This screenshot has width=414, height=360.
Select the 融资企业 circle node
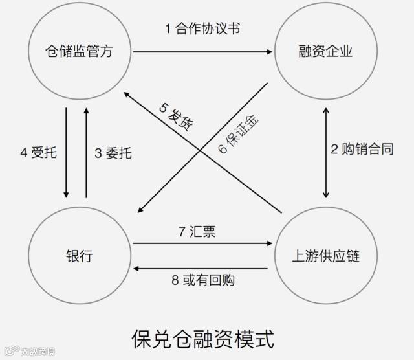[x=322, y=51]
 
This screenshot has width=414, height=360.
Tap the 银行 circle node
[x=79, y=256]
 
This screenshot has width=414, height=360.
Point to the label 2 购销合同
[x=362, y=150]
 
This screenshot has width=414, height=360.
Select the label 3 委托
[x=113, y=153]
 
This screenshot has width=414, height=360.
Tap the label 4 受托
[x=39, y=153]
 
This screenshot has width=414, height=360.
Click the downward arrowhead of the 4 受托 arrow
[x=66, y=194]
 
